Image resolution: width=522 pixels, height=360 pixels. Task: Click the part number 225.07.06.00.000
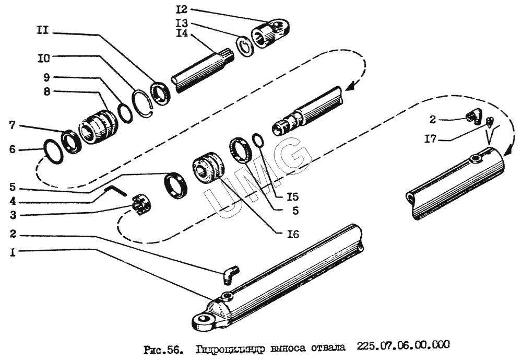[403, 346]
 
